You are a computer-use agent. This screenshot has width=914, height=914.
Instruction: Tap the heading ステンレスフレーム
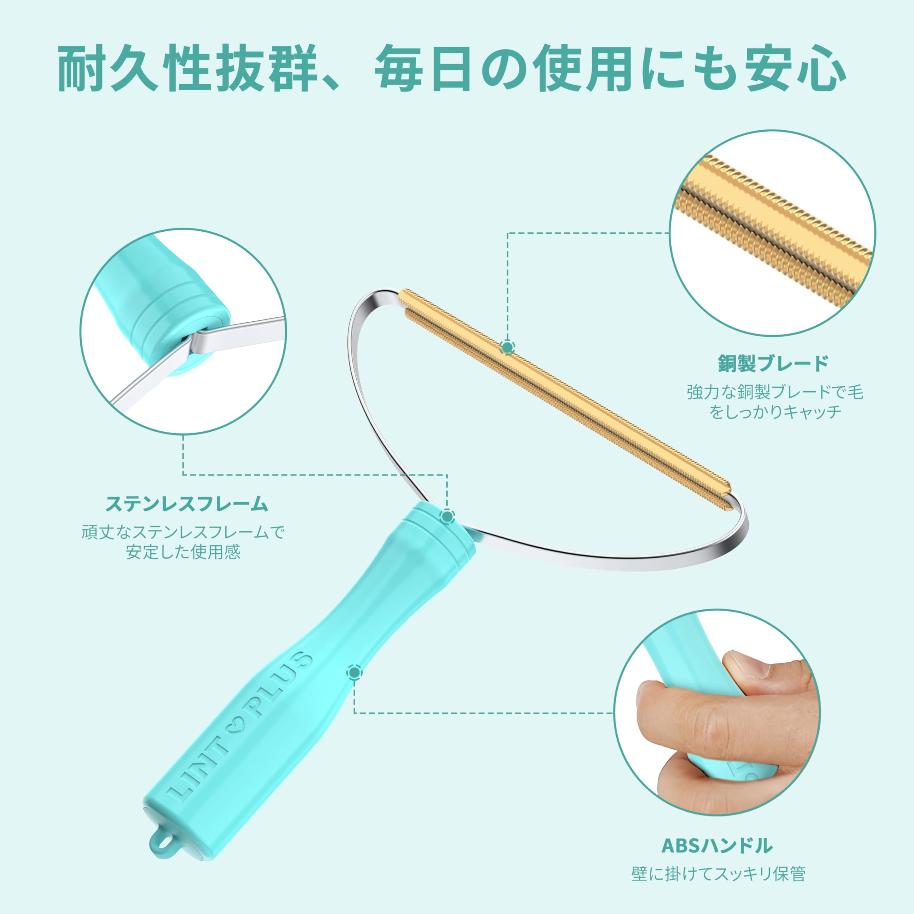[x=187, y=504]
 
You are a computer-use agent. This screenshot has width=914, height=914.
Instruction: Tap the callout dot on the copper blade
[x=508, y=348]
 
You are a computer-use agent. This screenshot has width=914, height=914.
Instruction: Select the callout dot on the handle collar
[x=447, y=516]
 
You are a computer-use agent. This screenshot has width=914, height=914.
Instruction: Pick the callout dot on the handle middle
[x=354, y=672]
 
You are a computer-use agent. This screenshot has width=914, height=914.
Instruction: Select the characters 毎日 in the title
[x=423, y=67]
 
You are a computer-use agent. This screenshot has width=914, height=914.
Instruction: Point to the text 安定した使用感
[x=183, y=552]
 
